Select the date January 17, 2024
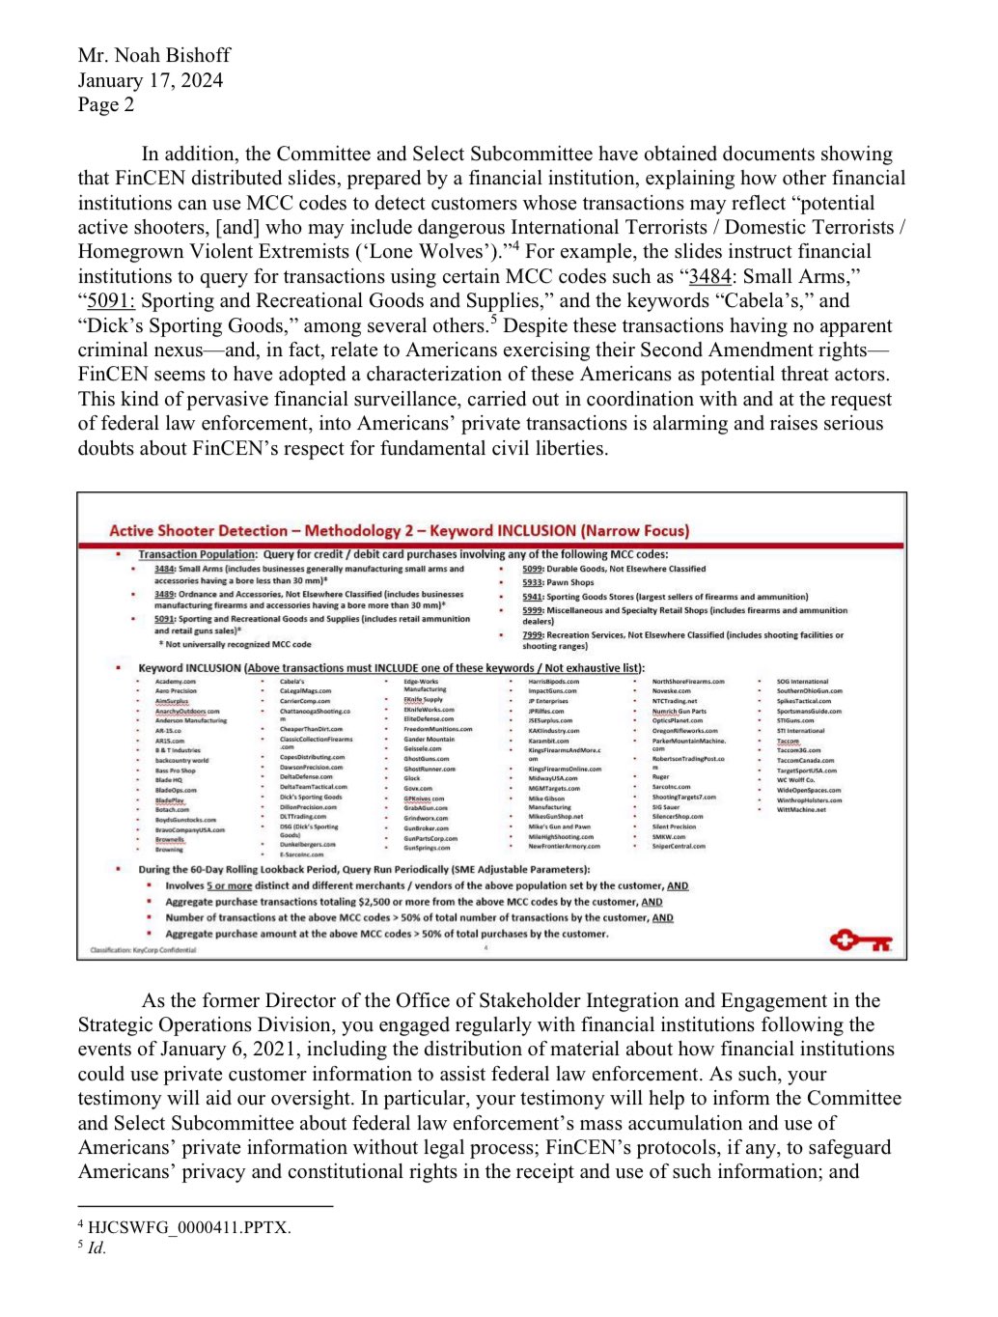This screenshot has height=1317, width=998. click(151, 80)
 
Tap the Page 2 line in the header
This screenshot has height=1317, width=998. click(106, 104)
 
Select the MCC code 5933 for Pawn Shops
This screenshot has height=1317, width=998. click(532, 582)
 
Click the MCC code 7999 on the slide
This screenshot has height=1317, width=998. click(532, 635)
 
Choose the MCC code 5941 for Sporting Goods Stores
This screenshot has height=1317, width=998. click(532, 597)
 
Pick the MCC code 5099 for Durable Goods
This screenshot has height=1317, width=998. click(532, 569)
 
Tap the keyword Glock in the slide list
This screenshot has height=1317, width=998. click(412, 778)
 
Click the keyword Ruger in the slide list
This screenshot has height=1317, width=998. click(660, 776)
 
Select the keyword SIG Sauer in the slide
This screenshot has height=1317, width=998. click(666, 807)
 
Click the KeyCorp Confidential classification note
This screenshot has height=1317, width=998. click(143, 950)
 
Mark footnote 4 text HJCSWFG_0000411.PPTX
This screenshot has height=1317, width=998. click(189, 1227)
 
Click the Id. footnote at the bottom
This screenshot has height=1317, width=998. click(97, 1247)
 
